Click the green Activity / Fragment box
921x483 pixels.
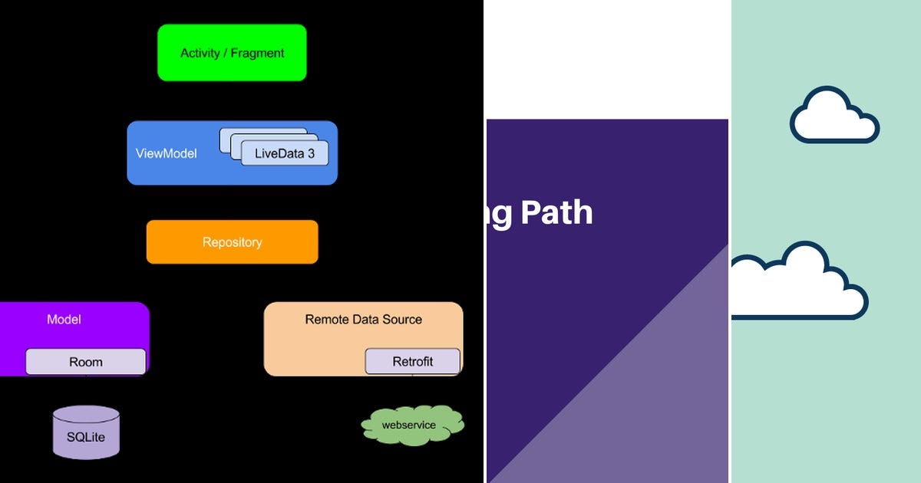[232, 53]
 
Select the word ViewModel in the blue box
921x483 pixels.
[166, 154]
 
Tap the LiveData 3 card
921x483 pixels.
[284, 153]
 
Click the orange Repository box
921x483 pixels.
[232, 242]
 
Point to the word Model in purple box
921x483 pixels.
[64, 320]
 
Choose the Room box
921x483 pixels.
[85, 362]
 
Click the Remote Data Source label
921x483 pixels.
[363, 320]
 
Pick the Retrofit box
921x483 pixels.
[412, 362]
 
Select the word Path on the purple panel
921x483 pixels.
[556, 212]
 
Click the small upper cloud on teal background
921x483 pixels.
[834, 117]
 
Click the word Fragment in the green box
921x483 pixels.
[257, 53]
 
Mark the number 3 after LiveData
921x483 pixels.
[311, 154]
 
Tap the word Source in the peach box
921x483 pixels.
[403, 320]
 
